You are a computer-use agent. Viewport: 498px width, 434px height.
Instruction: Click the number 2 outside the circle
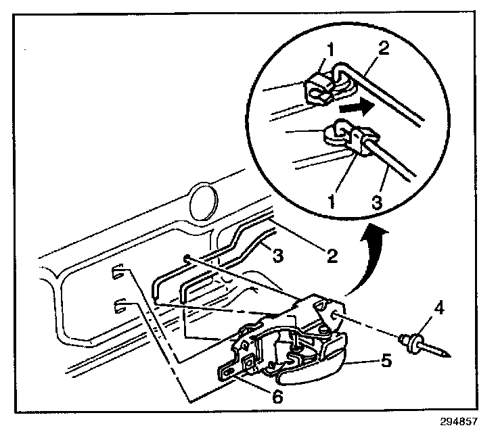[x=331, y=255]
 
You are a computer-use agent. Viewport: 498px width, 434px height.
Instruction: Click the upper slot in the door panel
[x=116, y=273]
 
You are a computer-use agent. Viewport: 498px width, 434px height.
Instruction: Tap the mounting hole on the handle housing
[x=336, y=312]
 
